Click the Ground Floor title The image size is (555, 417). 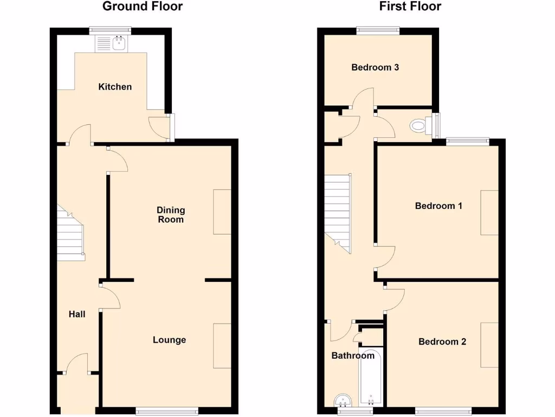[143, 7]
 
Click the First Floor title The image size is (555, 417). [410, 7]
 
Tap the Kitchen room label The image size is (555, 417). [115, 87]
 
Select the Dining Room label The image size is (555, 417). [171, 214]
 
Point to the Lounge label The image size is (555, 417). [169, 340]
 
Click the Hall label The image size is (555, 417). [77, 314]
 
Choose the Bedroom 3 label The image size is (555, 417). [376, 67]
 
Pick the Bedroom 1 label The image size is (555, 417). [438, 206]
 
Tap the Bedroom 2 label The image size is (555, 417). [442, 342]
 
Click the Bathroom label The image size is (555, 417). [353, 356]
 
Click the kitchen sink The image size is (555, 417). [111, 43]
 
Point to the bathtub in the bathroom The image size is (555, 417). [371, 380]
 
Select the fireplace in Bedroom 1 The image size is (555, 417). [489, 212]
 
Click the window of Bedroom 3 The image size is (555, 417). [378, 31]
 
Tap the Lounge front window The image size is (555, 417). [166, 411]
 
